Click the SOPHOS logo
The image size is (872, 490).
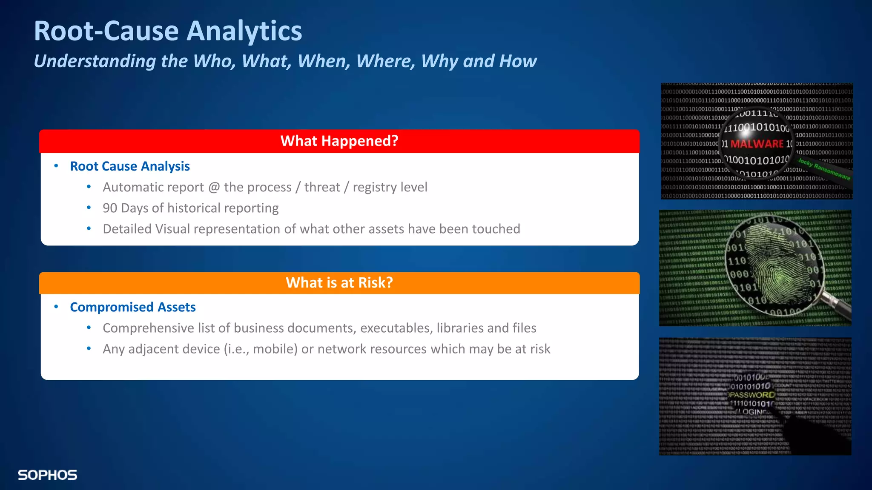tap(47, 475)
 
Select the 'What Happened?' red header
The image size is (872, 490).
tap(339, 141)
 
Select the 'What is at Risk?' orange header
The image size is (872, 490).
tap(339, 283)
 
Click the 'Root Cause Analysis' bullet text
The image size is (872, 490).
tap(130, 166)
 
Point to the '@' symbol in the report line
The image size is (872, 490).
tap(214, 187)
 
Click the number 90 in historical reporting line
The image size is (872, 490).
tap(110, 208)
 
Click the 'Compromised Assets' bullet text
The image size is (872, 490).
tap(133, 307)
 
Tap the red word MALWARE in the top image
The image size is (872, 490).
tap(757, 144)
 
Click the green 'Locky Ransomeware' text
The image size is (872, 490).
tap(823, 169)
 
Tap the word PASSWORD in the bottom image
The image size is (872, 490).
tap(752, 395)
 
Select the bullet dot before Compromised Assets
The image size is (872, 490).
tap(56, 307)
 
